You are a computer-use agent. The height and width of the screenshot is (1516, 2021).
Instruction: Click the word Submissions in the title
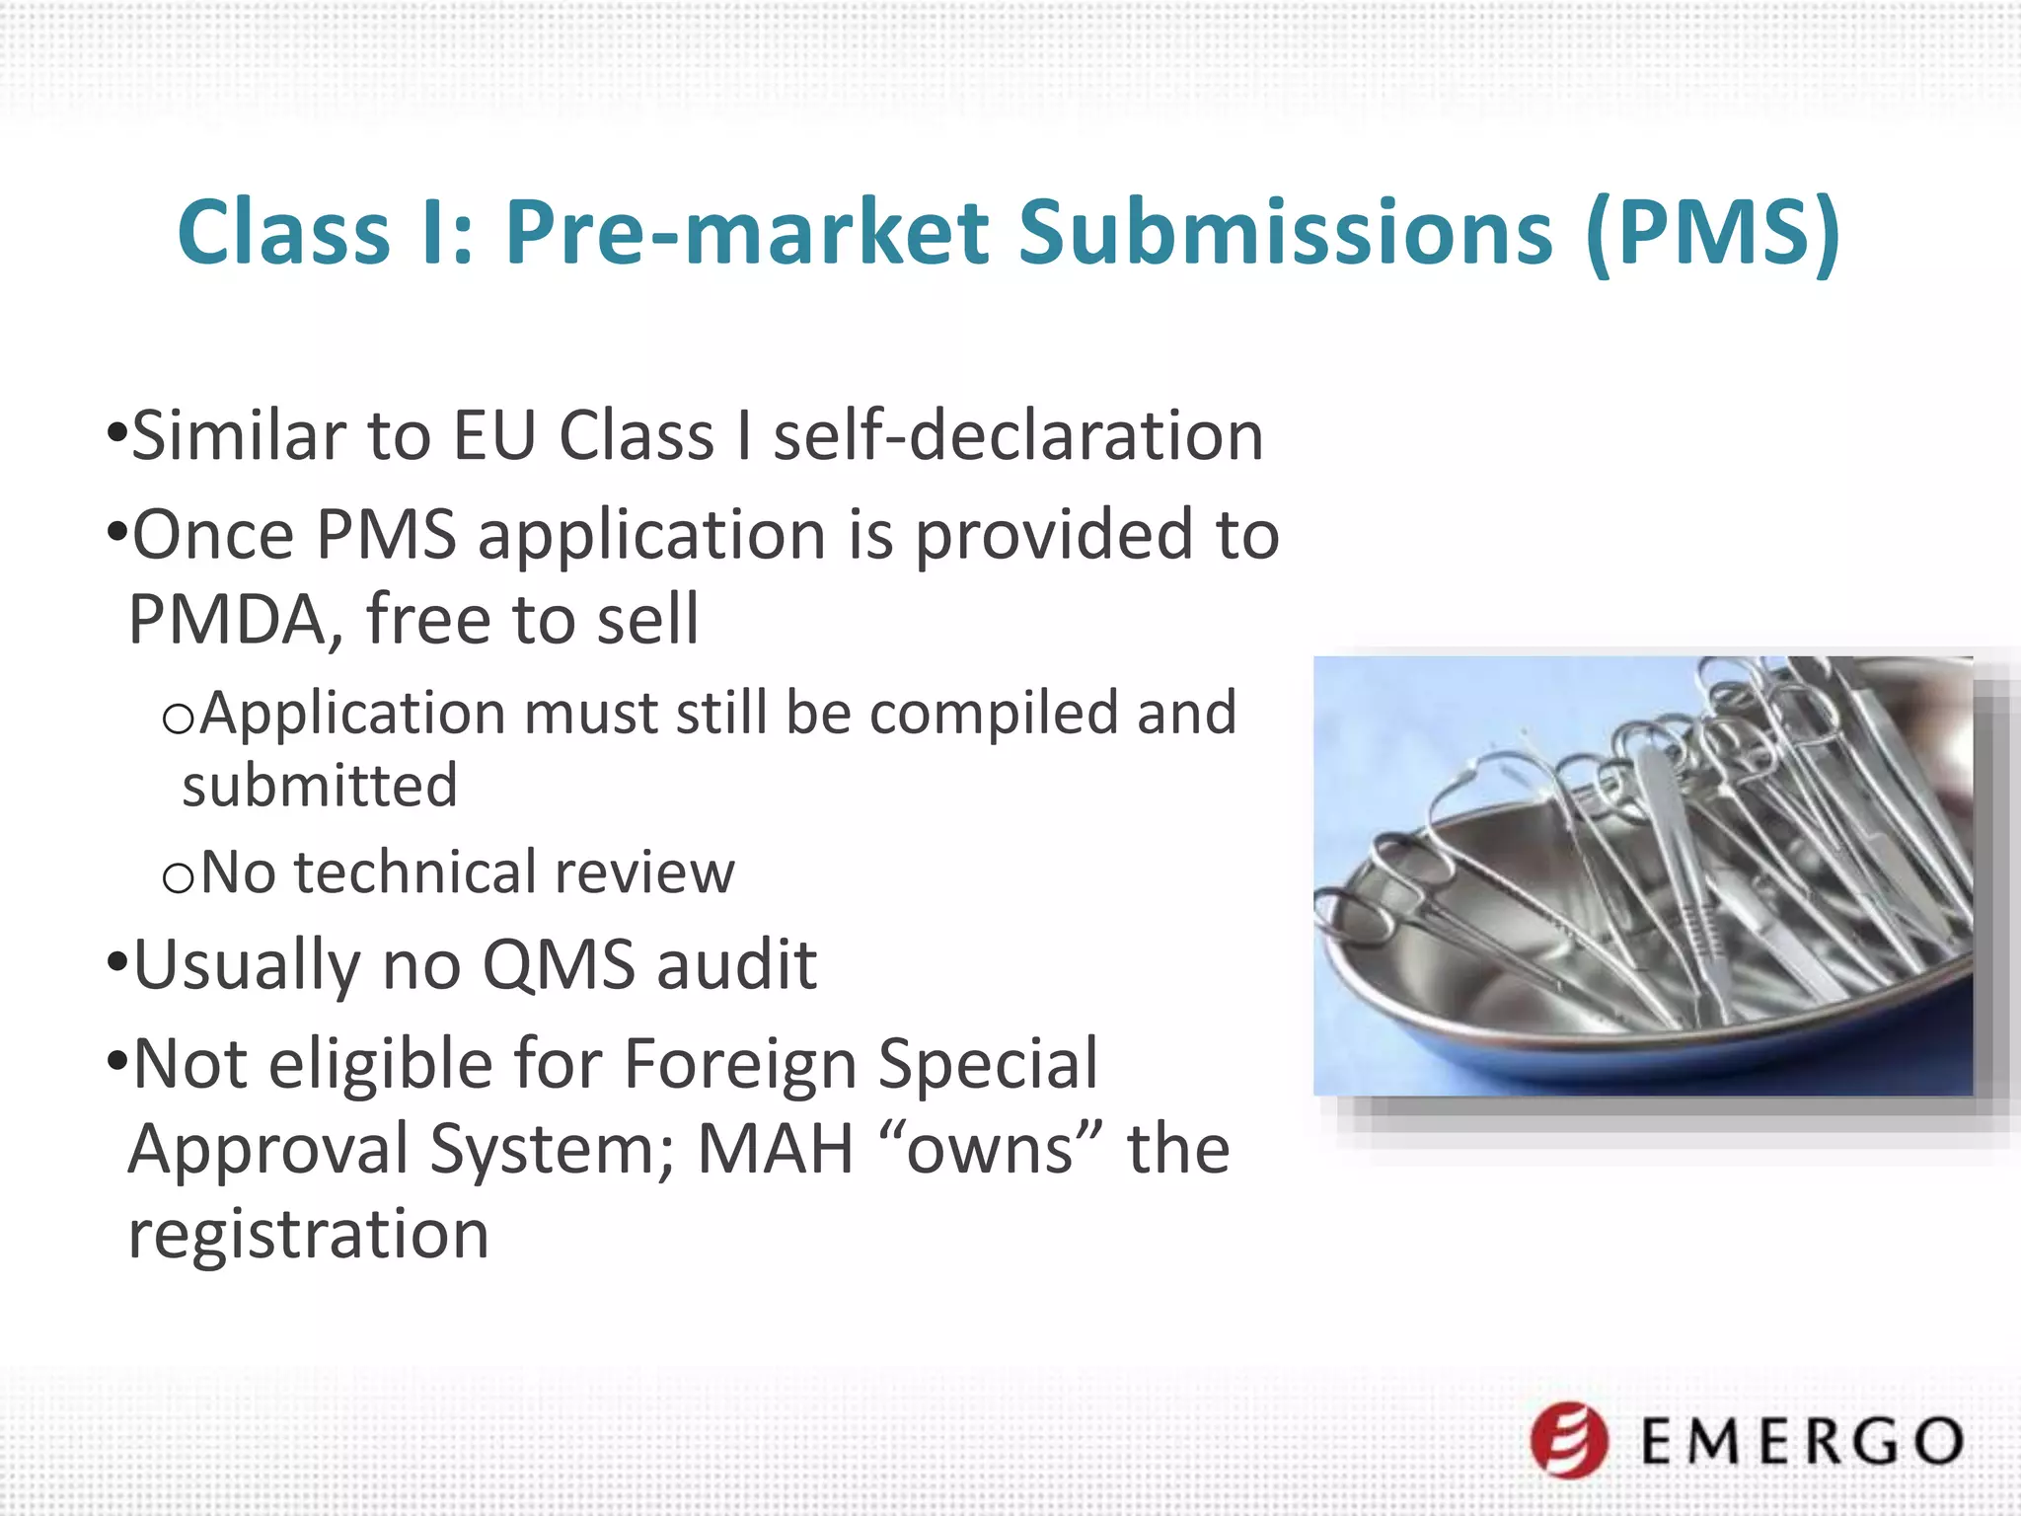click(1285, 233)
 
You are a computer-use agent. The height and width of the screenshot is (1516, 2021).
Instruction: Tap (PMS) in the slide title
click(1714, 233)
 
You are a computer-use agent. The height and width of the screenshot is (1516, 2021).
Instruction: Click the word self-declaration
click(1017, 436)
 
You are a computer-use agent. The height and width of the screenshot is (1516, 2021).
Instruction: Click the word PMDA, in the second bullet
click(237, 620)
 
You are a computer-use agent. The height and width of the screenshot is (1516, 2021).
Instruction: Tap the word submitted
click(320, 787)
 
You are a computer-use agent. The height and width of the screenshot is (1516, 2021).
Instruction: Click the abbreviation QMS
click(559, 965)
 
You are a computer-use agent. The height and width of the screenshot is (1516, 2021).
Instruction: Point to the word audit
click(737, 965)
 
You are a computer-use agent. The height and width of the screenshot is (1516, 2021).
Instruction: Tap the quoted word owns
click(991, 1150)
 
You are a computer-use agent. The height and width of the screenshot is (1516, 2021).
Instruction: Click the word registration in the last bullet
click(309, 1235)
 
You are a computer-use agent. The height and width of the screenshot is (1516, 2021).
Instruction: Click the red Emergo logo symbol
click(1569, 1440)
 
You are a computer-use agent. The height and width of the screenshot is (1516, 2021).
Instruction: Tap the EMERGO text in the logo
click(1802, 1442)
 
